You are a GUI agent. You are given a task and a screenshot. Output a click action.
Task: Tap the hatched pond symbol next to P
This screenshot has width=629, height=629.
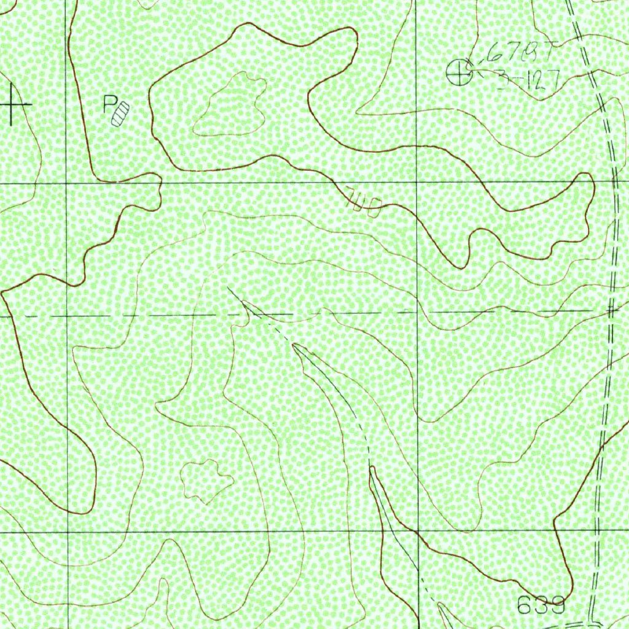(121, 114)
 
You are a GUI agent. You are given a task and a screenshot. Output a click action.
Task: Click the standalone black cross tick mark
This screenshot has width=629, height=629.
(13, 105)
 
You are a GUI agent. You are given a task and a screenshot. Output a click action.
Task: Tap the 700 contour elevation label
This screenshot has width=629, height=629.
(364, 201)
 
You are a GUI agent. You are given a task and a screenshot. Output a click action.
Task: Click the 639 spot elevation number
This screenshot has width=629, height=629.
(541, 605)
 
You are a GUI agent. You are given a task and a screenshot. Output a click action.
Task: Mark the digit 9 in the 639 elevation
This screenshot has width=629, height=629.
(557, 605)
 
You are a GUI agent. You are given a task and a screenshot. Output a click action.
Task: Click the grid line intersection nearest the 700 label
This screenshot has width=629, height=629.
(417, 183)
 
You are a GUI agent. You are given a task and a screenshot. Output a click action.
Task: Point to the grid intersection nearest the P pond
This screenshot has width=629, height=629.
(67, 183)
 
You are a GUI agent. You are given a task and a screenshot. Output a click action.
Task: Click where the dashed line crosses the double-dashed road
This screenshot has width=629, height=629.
(610, 311)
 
